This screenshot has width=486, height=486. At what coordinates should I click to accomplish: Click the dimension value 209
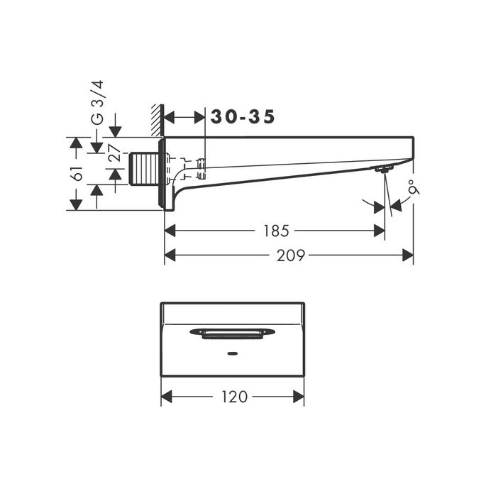coord(291,255)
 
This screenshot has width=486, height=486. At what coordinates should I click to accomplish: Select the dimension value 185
coord(277,231)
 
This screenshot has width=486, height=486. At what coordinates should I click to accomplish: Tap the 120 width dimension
coord(233,397)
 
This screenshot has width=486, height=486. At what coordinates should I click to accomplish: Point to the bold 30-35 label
coord(243,117)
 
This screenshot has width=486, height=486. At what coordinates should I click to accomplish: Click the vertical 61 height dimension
coord(77,174)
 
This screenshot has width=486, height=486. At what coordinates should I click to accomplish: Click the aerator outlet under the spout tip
coord(384,169)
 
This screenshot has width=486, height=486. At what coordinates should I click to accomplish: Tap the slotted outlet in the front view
coord(233,332)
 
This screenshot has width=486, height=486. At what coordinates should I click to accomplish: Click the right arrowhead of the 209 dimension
coord(408,255)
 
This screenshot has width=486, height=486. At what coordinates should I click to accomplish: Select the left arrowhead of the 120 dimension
coord(167,397)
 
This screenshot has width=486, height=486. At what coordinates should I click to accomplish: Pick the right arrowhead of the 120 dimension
coord(299,397)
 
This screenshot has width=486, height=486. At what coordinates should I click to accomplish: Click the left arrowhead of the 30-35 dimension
coord(170,118)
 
